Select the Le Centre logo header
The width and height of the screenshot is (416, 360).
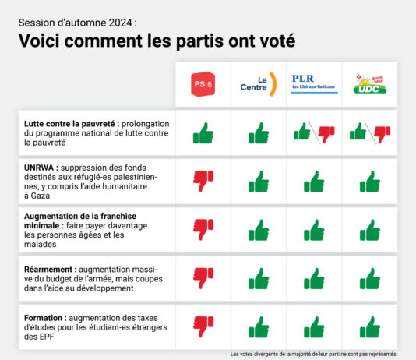(259, 83)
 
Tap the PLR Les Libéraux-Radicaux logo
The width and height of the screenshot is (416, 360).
(314, 83)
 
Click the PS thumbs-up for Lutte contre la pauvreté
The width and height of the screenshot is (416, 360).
(203, 133)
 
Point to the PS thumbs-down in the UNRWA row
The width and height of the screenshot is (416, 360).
(203, 182)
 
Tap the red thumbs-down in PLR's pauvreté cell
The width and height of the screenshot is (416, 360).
(326, 136)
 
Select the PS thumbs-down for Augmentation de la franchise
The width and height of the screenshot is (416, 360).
(203, 229)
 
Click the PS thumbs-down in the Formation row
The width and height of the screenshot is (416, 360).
(203, 325)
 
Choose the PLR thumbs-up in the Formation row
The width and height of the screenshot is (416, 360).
(314, 325)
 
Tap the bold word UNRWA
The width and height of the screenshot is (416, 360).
(38, 167)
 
